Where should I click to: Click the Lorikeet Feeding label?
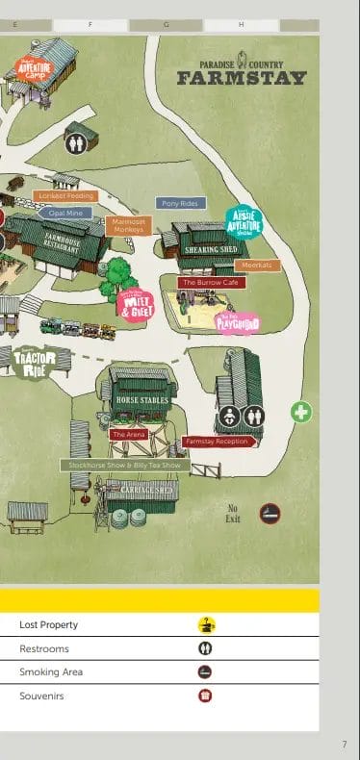pyautogui.click(x=64, y=196)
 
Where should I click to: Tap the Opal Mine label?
pyautogui.click(x=65, y=213)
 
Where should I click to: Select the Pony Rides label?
pyautogui.click(x=180, y=204)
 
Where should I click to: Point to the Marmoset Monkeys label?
pyautogui.click(x=127, y=226)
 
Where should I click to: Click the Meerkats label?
pyautogui.click(x=257, y=265)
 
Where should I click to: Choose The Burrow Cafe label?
pyautogui.click(x=212, y=283)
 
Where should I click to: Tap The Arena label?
pyautogui.click(x=128, y=435)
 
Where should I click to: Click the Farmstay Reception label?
pyautogui.click(x=217, y=442)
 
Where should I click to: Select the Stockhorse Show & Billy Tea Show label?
pyautogui.click(x=122, y=465)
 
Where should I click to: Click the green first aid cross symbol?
pyautogui.click(x=301, y=412)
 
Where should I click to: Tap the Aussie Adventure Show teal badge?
pyautogui.click(x=244, y=222)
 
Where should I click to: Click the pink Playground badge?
pyautogui.click(x=237, y=323)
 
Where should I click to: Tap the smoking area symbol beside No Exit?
pyautogui.click(x=270, y=513)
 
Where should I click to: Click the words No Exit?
pyautogui.click(x=232, y=513)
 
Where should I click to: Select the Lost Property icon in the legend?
pyautogui.click(x=206, y=624)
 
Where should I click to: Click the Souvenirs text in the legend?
pyautogui.click(x=41, y=696)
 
